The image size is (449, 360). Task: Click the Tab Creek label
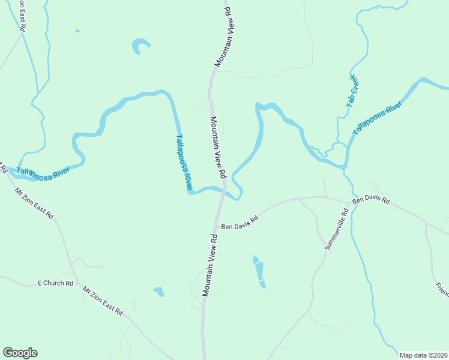352,92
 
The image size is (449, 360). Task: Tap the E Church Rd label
55,283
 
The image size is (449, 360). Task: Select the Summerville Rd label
336,230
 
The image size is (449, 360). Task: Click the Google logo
20,353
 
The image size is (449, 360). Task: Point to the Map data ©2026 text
423,355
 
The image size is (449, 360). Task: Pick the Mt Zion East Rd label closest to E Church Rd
103,301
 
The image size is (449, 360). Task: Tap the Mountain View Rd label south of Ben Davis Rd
209,264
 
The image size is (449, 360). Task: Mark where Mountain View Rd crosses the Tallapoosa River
224,190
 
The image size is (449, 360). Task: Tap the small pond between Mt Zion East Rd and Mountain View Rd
159,292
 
